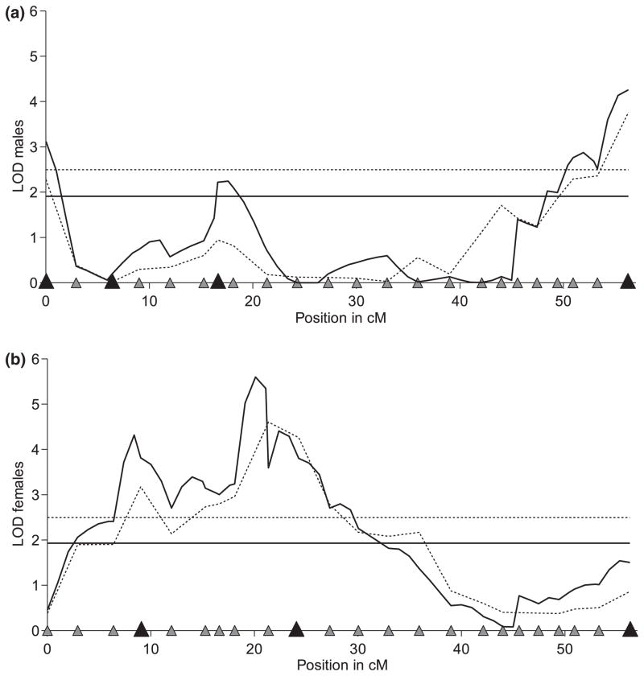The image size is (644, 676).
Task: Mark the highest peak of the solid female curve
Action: [x=255, y=377]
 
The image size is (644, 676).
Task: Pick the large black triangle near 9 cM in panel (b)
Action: [x=141, y=629]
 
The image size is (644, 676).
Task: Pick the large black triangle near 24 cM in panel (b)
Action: [x=296, y=629]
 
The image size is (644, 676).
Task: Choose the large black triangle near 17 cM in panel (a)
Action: [x=217, y=281]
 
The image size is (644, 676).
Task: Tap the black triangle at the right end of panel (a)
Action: [x=629, y=281]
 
